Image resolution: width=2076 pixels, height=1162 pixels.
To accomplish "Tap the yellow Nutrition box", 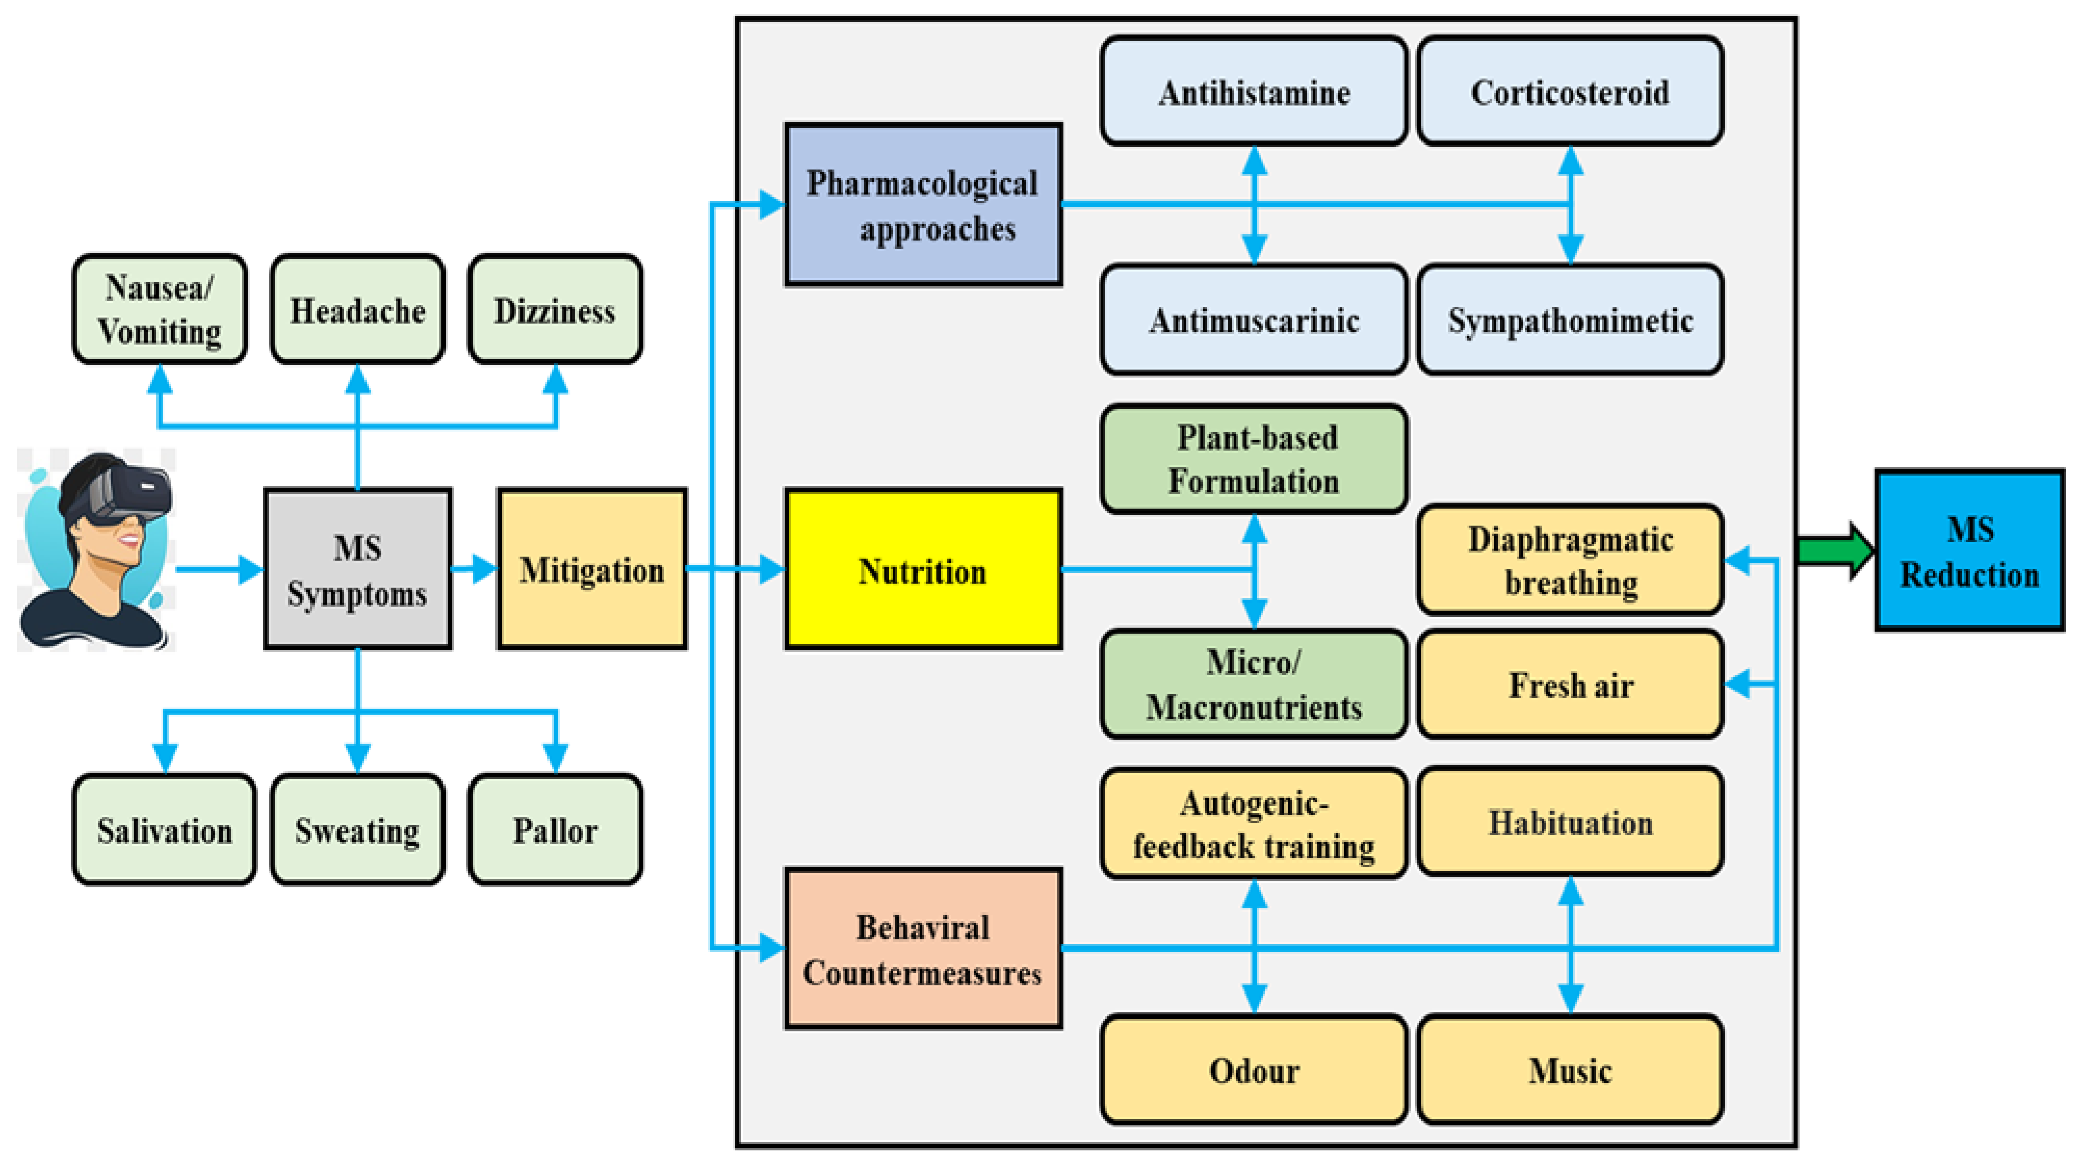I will pos(923,570).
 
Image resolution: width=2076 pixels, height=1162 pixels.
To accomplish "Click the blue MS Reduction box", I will pos(1969,551).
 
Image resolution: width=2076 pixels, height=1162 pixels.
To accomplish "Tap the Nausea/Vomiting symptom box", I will pos(160,309).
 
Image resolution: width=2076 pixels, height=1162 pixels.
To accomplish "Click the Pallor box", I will pos(555,830).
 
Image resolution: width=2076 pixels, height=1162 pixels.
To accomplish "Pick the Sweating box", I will pos(357,830).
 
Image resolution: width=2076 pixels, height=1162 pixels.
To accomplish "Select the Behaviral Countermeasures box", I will pos(923,949).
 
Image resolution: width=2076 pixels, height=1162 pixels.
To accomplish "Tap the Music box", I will pos(1570,1070).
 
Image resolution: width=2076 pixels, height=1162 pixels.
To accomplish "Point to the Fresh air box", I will pos(1570,685).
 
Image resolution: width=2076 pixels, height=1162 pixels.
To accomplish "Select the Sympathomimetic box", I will pos(1570,320).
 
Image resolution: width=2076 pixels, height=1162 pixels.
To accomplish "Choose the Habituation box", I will pos(1570,822).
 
